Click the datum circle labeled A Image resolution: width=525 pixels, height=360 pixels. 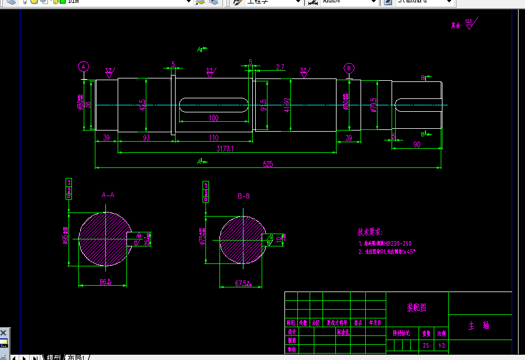click(84, 67)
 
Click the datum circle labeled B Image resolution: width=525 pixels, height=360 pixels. click(349, 67)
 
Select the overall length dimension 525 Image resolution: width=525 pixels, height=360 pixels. click(267, 164)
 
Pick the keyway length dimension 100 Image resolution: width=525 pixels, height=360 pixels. click(213, 118)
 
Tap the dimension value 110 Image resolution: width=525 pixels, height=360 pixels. click(213, 138)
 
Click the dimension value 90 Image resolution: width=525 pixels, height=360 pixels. click(417, 144)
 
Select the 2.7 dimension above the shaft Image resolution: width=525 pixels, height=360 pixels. click(280, 67)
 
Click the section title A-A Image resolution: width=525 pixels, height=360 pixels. click(108, 195)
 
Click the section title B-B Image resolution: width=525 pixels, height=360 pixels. click(243, 196)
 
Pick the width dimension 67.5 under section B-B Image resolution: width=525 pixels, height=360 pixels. click(242, 283)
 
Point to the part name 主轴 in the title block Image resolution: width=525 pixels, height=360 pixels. click(479, 327)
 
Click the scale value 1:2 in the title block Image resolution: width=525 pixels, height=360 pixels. click(441, 345)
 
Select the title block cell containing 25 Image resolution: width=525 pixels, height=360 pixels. click(426, 345)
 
